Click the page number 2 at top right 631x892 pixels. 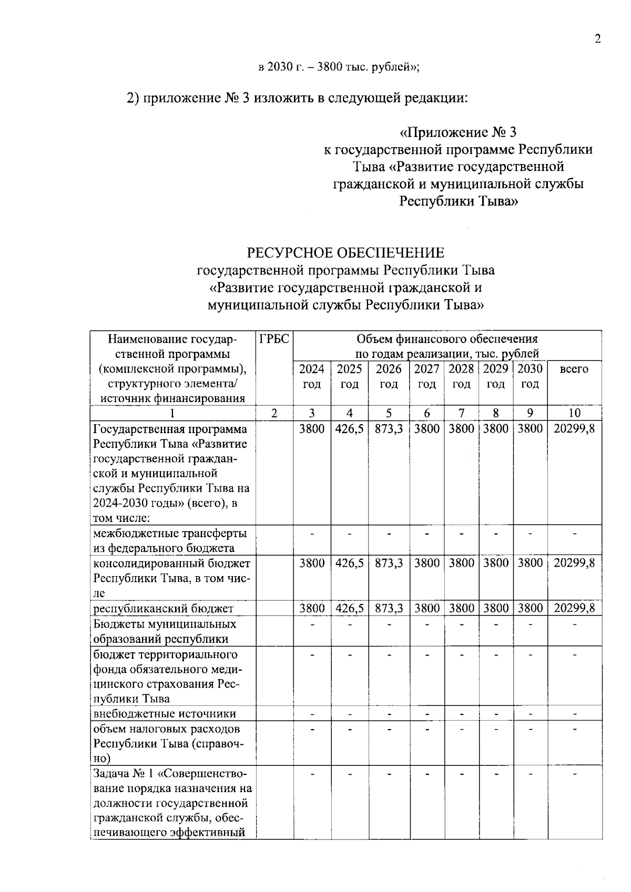pos(597,39)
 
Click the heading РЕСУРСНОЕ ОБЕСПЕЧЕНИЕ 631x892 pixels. pos(346,253)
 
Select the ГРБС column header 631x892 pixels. pos(274,339)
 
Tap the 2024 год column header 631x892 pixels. pos(312,376)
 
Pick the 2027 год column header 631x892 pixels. pos(426,376)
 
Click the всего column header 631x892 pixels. pos(574,369)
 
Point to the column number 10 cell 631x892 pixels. pos(574,413)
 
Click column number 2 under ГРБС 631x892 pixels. pos(274,413)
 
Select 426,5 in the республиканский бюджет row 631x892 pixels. pos(349,608)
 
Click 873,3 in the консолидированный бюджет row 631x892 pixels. pos(389,563)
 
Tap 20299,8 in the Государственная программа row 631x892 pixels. pos(574,428)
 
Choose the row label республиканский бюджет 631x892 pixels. pos(163,609)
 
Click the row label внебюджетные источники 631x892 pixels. pos(165,713)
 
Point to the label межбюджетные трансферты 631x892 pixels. pos(170,534)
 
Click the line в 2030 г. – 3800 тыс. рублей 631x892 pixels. pos(339,67)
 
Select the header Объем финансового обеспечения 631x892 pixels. pos(447,339)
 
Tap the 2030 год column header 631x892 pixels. pos(530,376)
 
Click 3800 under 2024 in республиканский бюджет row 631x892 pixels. pos(312,608)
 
